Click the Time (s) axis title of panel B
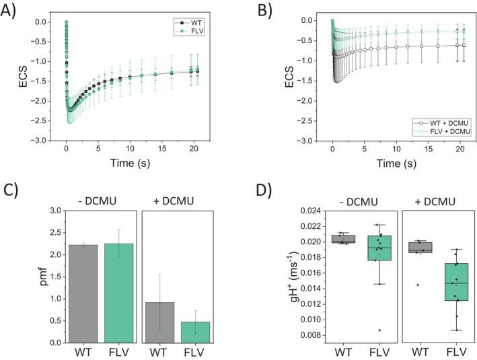coord(395,164)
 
